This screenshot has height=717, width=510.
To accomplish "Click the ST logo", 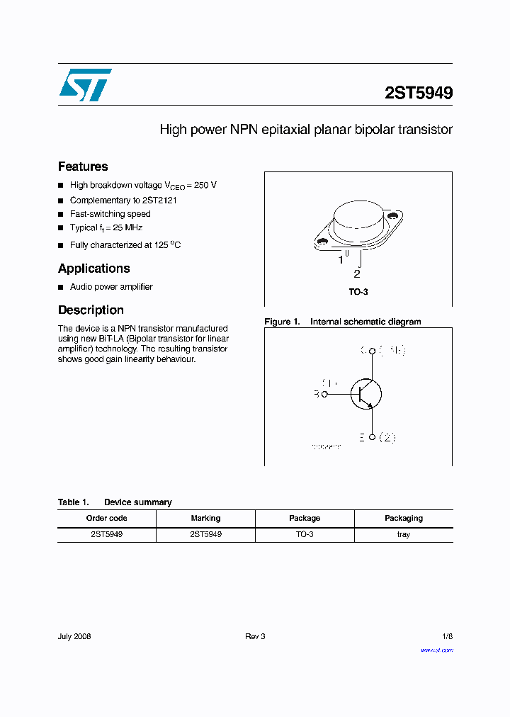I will [85, 85].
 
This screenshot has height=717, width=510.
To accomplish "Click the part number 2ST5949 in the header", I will [419, 93].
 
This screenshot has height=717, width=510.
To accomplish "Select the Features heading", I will [83, 166].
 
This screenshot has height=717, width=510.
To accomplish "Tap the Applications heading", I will [93, 269].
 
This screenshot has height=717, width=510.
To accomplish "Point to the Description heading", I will [91, 310].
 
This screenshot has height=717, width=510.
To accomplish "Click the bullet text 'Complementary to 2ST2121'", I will [123, 201].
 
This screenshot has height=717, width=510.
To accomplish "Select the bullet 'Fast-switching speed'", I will [110, 214].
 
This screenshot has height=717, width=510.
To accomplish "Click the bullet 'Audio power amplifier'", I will [111, 287].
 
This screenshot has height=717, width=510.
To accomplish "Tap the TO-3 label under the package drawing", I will [358, 292].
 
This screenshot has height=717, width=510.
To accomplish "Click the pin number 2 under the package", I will [357, 274].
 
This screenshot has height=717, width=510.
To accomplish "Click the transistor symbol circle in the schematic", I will [365, 394].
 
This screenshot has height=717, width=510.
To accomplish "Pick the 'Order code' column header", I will [106, 518].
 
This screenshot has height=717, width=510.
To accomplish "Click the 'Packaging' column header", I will [403, 518].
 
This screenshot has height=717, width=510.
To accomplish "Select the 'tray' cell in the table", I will [403, 534].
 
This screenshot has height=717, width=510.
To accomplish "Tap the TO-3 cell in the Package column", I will [305, 534].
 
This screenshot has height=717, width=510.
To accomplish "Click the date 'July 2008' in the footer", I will [74, 636].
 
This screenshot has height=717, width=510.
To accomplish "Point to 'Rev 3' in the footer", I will [255, 636].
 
